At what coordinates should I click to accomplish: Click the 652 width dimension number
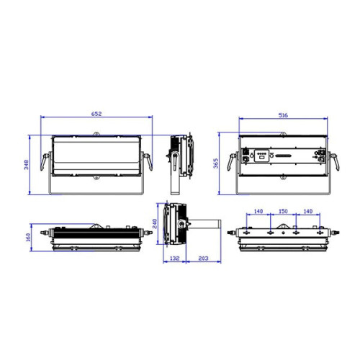pyautogui.click(x=96, y=114)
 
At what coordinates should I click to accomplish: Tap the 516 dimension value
pyautogui.click(x=283, y=114)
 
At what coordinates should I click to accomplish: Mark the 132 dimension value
pyautogui.click(x=174, y=258)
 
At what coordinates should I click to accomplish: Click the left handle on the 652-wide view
pyautogui.click(x=47, y=163)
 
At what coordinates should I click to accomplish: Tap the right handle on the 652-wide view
pyautogui.click(x=148, y=163)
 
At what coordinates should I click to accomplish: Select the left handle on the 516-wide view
pyautogui.click(x=232, y=163)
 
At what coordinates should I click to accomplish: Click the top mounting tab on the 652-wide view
pyautogui.click(x=96, y=134)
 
